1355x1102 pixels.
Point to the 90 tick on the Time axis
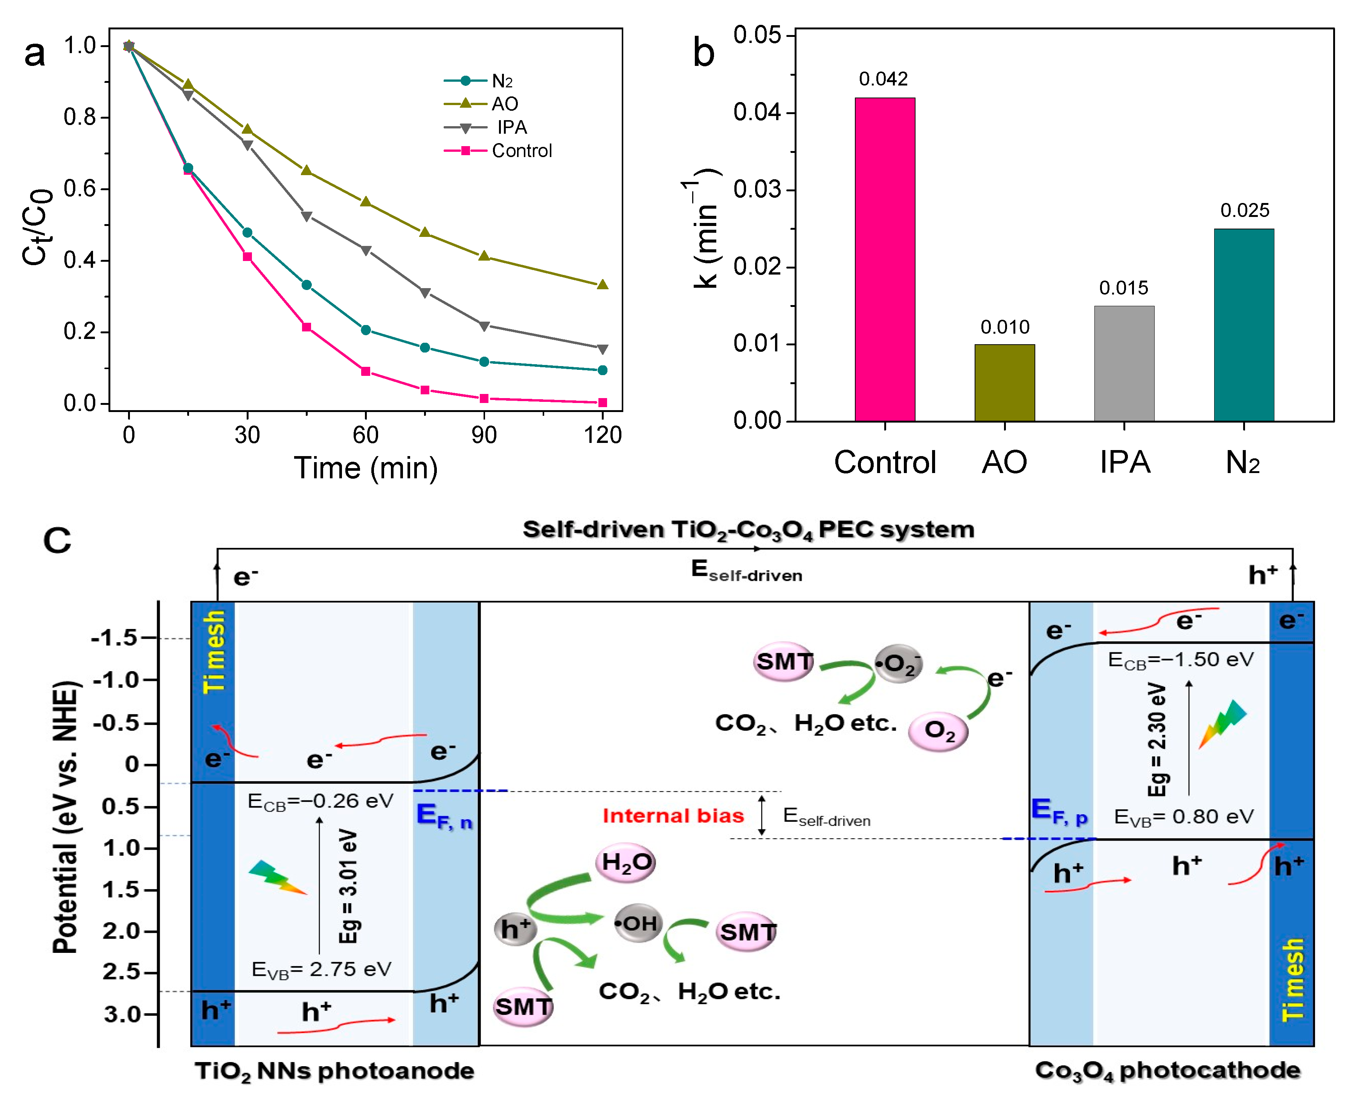[x=484, y=435]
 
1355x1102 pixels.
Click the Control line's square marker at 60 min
[x=366, y=371]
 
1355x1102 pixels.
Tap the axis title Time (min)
[x=366, y=469]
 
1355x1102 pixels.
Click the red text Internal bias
[x=673, y=816]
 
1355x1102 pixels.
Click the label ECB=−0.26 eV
[x=320, y=801]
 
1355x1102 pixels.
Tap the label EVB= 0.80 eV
[x=1184, y=817]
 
